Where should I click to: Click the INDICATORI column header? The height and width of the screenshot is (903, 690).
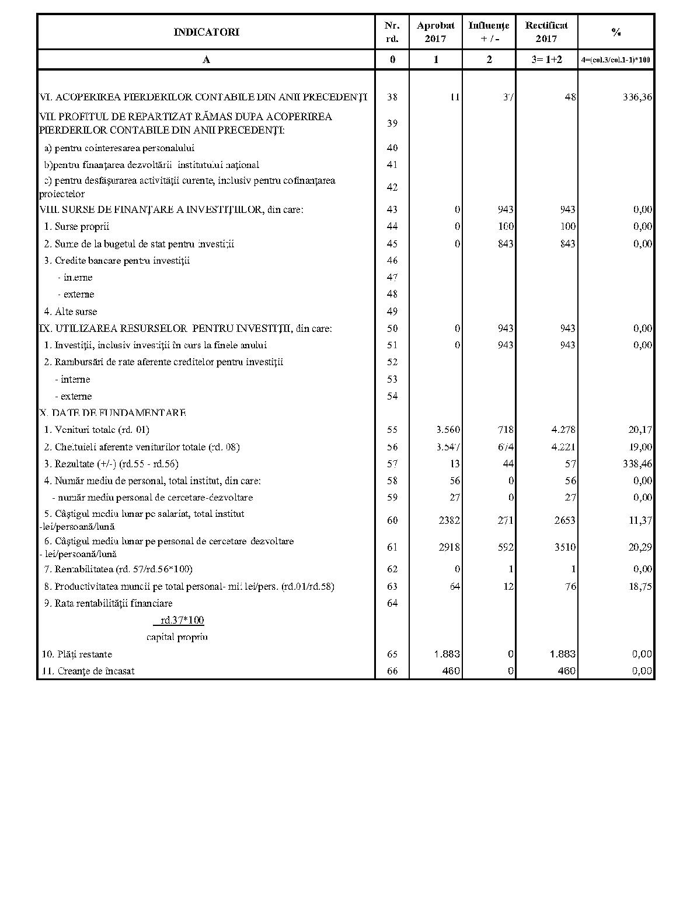[x=206, y=32]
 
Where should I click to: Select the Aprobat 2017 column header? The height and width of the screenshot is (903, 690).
[x=435, y=32]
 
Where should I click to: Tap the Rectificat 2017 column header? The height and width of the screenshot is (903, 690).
[x=546, y=32]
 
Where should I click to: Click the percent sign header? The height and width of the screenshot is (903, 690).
[x=616, y=32]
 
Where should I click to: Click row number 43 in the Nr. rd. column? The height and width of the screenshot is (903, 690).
[x=392, y=209]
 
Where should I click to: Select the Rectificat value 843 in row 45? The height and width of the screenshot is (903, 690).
[x=567, y=243]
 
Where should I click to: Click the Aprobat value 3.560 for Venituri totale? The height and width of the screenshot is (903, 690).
[x=448, y=430]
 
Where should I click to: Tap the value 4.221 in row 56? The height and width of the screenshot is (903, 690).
[x=564, y=447]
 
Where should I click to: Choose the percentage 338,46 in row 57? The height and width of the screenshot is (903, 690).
[x=637, y=464]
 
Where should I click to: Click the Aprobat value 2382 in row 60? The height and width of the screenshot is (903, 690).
[x=449, y=520]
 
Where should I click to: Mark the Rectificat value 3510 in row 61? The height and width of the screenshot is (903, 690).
[x=565, y=547]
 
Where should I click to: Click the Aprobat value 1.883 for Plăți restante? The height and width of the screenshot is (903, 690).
[x=448, y=654]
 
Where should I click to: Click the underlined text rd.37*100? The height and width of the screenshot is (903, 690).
[x=182, y=620]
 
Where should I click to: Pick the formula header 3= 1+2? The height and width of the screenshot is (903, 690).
[x=546, y=60]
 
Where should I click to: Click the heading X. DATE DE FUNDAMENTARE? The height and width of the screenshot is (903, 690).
[x=113, y=413]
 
